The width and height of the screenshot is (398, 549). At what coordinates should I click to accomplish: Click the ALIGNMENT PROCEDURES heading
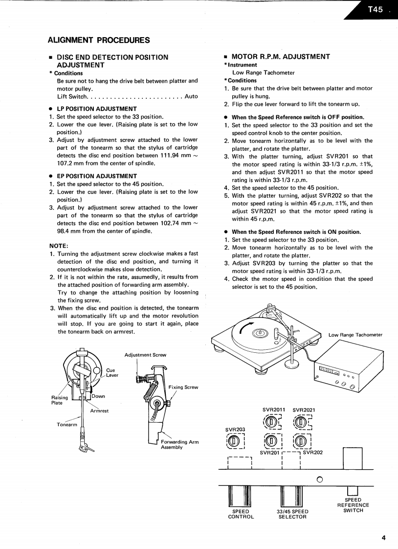click(x=99, y=40)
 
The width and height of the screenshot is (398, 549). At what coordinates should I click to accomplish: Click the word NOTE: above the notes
click(x=58, y=246)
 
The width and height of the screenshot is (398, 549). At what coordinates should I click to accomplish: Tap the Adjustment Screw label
click(x=145, y=355)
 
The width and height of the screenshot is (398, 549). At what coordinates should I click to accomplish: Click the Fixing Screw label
click(x=183, y=387)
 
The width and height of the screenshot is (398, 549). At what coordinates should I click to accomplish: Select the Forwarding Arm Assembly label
click(x=179, y=444)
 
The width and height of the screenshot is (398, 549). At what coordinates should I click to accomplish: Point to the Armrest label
click(x=99, y=411)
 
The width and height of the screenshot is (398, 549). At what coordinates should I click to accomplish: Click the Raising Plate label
click(x=60, y=400)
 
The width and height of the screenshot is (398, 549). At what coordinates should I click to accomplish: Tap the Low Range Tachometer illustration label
click(x=355, y=335)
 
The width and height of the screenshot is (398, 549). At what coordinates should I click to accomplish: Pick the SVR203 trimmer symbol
click(x=234, y=441)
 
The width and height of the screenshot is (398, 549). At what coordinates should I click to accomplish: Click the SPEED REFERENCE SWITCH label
click(x=353, y=505)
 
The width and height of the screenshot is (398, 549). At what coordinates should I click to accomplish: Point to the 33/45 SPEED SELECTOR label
click(x=292, y=514)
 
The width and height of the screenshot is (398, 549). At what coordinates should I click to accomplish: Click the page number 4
click(x=383, y=538)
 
